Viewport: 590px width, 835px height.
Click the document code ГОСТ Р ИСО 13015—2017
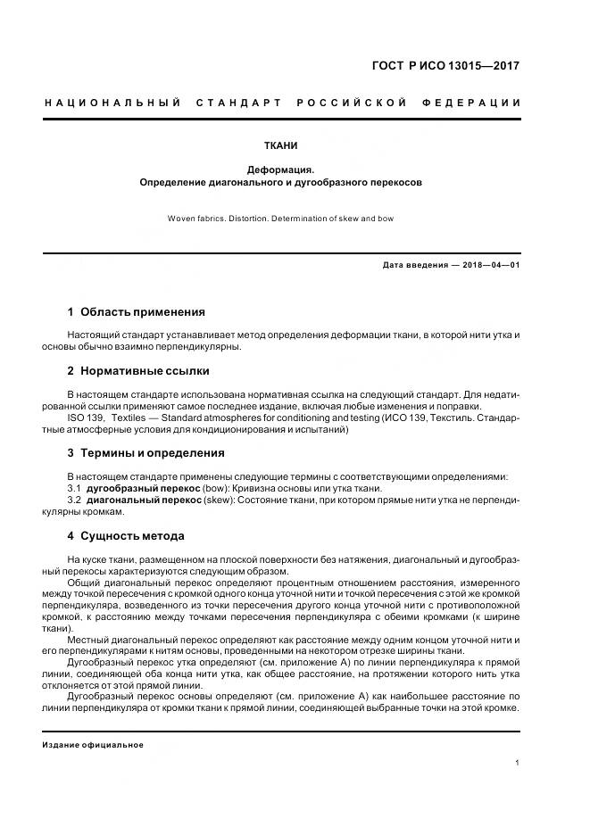(446, 66)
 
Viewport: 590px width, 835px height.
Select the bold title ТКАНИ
(281, 145)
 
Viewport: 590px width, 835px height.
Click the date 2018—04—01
(489, 265)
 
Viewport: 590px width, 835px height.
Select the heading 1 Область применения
(136, 312)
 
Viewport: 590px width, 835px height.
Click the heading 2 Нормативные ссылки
(138, 370)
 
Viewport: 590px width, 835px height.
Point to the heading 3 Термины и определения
(145, 453)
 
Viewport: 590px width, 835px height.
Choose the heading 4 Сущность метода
(126, 536)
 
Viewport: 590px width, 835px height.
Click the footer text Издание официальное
(93, 744)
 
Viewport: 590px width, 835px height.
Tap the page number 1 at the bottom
(518, 763)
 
